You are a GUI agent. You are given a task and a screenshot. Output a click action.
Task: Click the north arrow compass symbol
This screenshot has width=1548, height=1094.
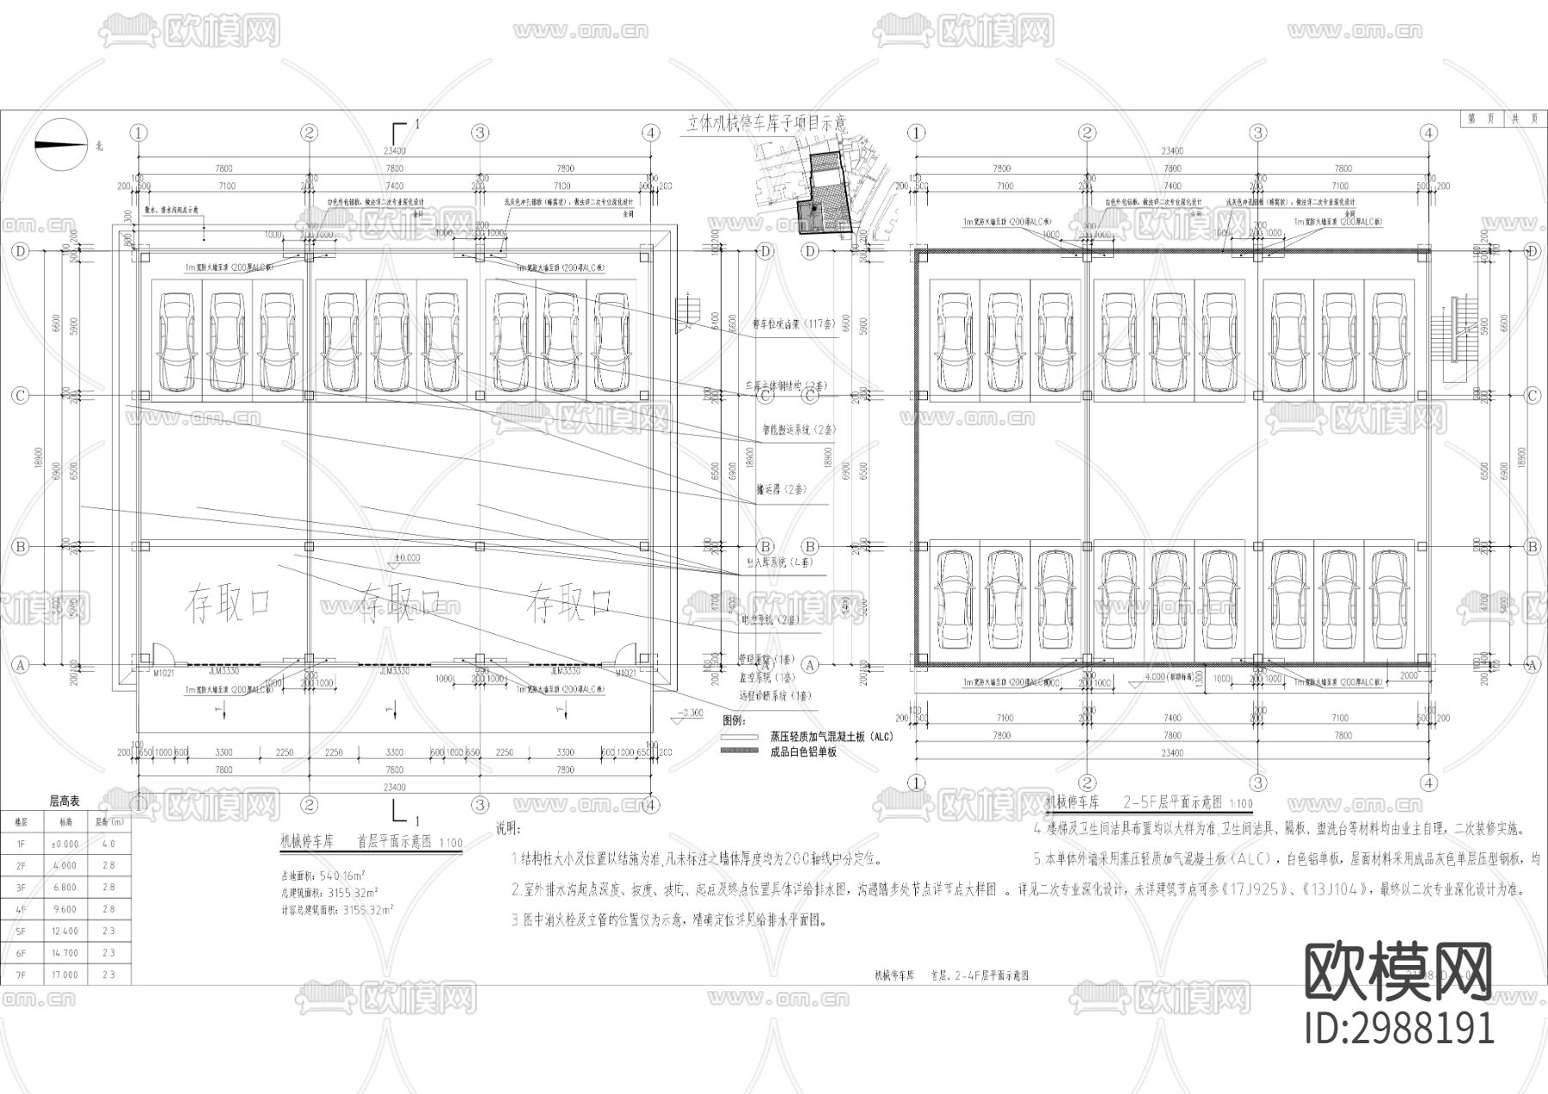[x=61, y=144]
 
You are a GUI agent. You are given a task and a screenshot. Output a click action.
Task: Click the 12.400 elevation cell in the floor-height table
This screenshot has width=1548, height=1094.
[x=65, y=931]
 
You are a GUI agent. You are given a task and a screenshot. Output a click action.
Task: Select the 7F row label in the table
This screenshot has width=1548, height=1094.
[x=21, y=974]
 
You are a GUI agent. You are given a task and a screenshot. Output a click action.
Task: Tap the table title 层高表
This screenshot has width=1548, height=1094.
[x=64, y=801]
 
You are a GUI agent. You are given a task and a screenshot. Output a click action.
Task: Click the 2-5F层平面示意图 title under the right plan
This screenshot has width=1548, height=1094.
[x=1172, y=802]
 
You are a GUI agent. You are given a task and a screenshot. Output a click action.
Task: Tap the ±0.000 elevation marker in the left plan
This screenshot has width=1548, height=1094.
[x=406, y=558]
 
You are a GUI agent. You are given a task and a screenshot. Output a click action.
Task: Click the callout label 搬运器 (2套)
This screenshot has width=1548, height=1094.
[x=782, y=489]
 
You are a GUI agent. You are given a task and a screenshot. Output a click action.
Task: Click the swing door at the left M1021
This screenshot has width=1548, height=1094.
[x=160, y=653]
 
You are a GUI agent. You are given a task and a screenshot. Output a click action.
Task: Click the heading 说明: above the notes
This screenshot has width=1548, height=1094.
[x=508, y=829]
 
